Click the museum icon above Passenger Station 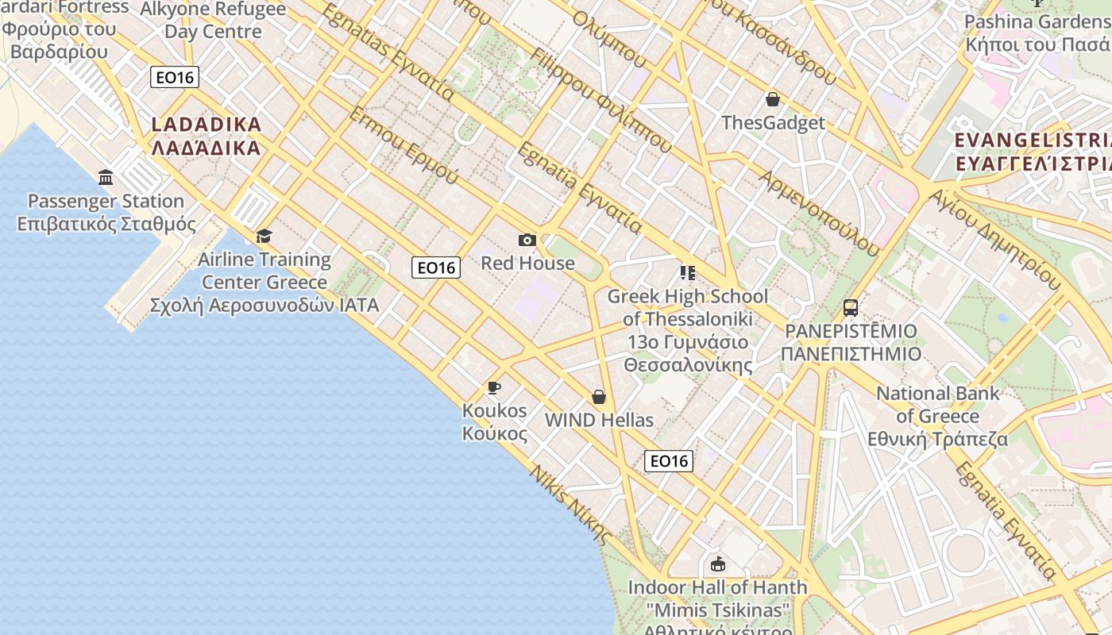(x=106, y=176)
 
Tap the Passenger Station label (x=106, y=212)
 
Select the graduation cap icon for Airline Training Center (x=264, y=236)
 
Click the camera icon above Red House (x=527, y=240)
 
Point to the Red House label (x=527, y=263)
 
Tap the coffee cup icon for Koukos (x=494, y=387)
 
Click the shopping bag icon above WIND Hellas (x=599, y=396)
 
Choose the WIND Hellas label (x=599, y=420)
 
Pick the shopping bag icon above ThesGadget (x=772, y=99)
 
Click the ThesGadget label (x=773, y=123)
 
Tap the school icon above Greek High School (x=688, y=273)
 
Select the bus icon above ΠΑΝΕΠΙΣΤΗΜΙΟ (x=851, y=307)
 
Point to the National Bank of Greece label (x=937, y=416)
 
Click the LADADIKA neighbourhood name (x=206, y=136)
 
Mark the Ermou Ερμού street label (x=403, y=145)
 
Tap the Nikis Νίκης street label (x=570, y=504)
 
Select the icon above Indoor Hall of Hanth (x=718, y=564)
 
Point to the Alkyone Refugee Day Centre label (x=213, y=21)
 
